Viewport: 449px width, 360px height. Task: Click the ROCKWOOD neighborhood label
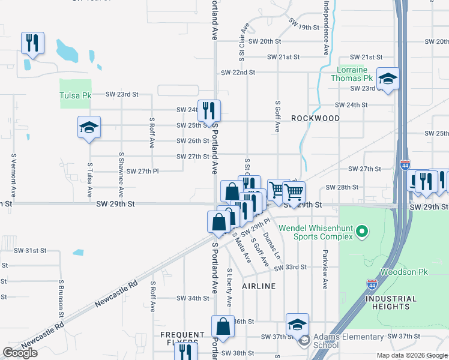point(315,118)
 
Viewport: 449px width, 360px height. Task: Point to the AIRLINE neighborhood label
point(259,286)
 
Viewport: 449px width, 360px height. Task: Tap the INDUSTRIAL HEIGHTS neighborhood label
point(391,302)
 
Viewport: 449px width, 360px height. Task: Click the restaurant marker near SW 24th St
point(209,110)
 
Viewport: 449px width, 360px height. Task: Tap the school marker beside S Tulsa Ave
point(89,127)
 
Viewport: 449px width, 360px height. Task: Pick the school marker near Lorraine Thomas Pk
point(388,79)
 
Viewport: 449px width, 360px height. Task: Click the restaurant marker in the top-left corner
point(31,43)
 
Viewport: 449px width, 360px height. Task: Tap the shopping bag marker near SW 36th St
point(222,327)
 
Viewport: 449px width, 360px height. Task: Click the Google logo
point(20,353)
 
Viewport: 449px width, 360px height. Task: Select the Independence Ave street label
point(327,28)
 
